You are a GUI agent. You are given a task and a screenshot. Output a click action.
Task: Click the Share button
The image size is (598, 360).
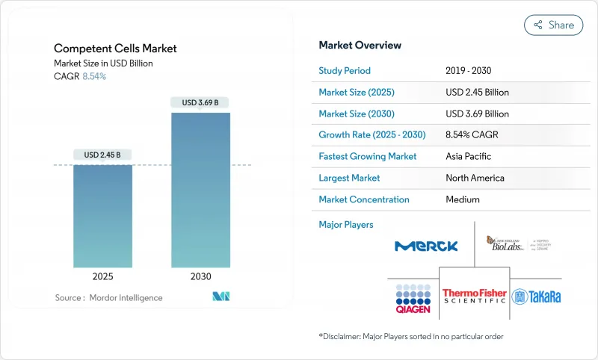click(x=554, y=25)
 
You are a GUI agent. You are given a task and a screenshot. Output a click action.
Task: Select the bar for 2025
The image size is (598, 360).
click(x=102, y=216)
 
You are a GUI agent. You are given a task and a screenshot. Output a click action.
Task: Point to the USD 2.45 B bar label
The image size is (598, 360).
click(x=102, y=155)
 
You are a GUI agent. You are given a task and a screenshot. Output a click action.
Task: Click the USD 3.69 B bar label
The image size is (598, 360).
click(x=200, y=102)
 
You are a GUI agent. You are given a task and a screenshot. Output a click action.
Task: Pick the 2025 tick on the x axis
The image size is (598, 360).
click(x=102, y=276)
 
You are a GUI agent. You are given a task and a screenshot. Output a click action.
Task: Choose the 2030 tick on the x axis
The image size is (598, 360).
click(x=200, y=276)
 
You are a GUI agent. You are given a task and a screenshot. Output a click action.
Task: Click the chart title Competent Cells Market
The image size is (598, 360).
click(x=115, y=49)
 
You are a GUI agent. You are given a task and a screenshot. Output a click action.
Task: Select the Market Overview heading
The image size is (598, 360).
click(x=360, y=46)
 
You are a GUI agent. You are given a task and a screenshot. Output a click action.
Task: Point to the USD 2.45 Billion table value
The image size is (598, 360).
click(x=477, y=93)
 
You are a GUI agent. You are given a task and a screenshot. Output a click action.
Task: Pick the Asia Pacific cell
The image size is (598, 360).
click(x=469, y=157)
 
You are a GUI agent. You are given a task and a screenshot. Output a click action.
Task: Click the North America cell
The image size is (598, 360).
click(x=475, y=178)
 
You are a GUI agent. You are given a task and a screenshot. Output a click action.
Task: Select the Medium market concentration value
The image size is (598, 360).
click(x=462, y=199)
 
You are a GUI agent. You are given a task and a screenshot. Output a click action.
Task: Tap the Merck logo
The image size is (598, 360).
click(x=426, y=246)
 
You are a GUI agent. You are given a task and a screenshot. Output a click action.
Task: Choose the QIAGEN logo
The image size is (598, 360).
click(x=413, y=297)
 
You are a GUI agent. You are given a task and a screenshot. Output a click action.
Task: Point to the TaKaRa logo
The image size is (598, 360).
click(x=536, y=297)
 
